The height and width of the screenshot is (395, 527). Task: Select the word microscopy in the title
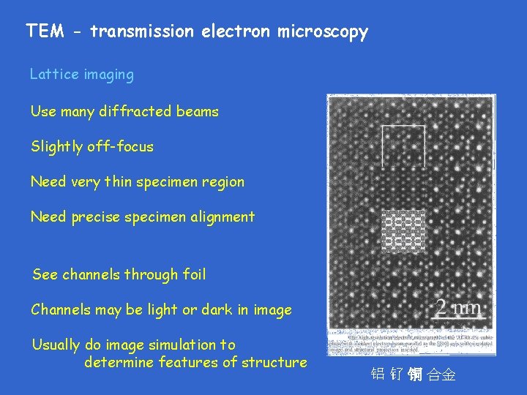tap(322, 32)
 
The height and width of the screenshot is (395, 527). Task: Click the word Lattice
tap(53, 75)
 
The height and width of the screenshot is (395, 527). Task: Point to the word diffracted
tap(138, 112)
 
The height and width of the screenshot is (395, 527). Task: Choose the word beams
tap(198, 112)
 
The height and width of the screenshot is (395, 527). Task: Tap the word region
tap(223, 182)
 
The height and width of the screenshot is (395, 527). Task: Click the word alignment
tap(220, 217)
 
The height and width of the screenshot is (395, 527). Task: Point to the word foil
tap(194, 275)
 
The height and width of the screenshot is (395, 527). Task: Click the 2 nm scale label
tap(457, 307)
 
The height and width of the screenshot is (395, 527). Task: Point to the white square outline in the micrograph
tap(403, 146)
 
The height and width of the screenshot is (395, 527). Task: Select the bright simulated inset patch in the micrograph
tap(403, 230)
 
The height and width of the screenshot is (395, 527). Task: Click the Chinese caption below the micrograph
tap(413, 375)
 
